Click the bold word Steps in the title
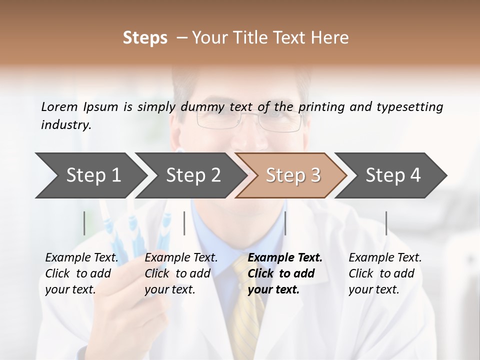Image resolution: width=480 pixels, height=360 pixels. pyautogui.click(x=145, y=38)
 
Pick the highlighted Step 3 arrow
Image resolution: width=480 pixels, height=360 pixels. pyautogui.click(x=293, y=175)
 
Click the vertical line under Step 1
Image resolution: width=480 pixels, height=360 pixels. pyautogui.click(x=84, y=223)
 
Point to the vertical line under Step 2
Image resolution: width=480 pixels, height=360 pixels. pyautogui.click(x=184, y=223)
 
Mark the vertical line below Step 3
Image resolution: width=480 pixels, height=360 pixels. pyautogui.click(x=285, y=223)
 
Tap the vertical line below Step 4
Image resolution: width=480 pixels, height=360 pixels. pyautogui.click(x=386, y=223)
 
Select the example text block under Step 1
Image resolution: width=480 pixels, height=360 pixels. pyautogui.click(x=81, y=273)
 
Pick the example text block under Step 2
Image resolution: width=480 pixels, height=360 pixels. pyautogui.click(x=181, y=273)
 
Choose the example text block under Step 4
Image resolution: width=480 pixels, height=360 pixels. pyautogui.click(x=385, y=273)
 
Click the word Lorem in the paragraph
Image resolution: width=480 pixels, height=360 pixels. pyautogui.click(x=59, y=106)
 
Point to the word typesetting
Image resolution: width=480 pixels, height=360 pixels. pyautogui.click(x=409, y=107)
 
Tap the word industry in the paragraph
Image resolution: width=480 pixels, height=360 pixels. pyautogui.click(x=65, y=124)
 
